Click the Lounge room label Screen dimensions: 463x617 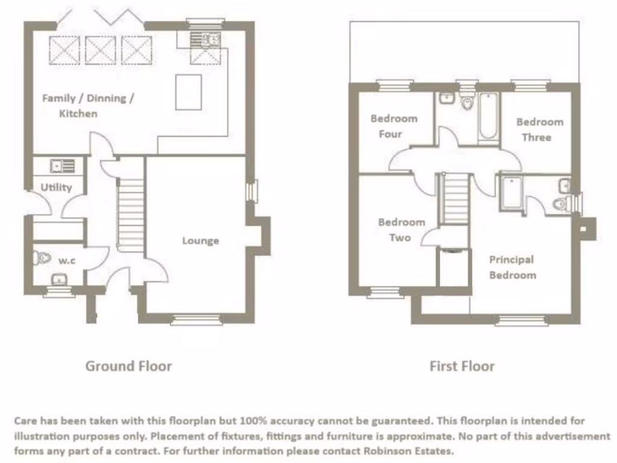pos(201,241)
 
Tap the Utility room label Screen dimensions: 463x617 pos(56,187)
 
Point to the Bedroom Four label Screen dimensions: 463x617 pos(393,126)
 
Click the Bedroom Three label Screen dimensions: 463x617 pos(539,130)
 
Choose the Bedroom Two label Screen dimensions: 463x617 pos(401,230)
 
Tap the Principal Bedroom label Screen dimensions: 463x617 pos(512,267)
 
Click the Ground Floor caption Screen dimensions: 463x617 pos(128,366)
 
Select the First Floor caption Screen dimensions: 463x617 pos(462,366)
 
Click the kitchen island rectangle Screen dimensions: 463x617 pos(189,92)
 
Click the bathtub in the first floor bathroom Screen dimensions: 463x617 pos(487,116)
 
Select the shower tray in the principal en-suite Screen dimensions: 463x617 pos(510,193)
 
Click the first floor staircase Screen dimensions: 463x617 pos(456,199)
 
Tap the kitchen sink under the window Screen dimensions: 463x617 pos(206,39)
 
